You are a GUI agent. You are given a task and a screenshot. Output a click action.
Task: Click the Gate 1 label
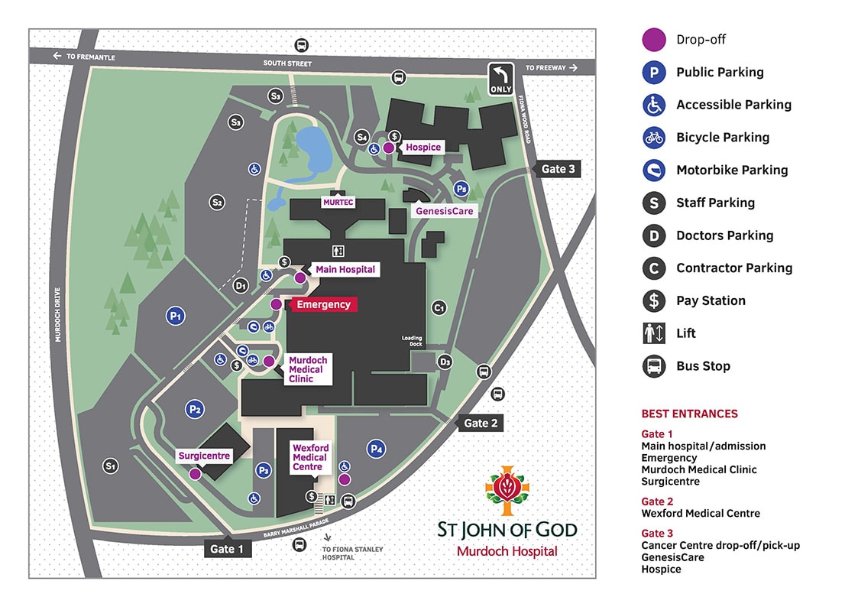click(x=222, y=548)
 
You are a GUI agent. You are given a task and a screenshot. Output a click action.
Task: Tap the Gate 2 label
click(x=481, y=423)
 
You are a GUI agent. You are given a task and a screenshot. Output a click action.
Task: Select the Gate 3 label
click(x=558, y=169)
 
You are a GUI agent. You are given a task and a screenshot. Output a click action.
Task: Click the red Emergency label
click(x=323, y=304)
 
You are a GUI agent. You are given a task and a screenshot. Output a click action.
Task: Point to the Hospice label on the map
click(x=423, y=147)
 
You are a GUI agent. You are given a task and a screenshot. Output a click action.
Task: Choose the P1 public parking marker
click(x=176, y=315)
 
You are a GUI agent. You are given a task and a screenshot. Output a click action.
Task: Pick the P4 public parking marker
click(x=376, y=449)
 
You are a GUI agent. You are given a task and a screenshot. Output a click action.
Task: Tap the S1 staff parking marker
click(x=111, y=465)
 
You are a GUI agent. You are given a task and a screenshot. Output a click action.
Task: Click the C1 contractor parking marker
click(x=439, y=307)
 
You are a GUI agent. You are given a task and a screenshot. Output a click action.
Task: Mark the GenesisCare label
click(x=444, y=210)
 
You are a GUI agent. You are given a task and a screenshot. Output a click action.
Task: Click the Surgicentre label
click(x=204, y=456)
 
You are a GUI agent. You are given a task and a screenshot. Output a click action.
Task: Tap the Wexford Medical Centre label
click(x=310, y=457)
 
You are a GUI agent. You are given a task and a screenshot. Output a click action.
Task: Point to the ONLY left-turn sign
click(x=500, y=80)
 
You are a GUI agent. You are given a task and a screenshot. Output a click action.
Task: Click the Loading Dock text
click(x=412, y=341)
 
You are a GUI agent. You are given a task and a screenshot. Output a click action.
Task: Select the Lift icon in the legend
click(x=654, y=333)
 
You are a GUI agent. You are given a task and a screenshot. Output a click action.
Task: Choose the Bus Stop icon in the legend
click(x=654, y=366)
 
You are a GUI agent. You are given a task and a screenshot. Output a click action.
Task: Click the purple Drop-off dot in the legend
click(x=654, y=40)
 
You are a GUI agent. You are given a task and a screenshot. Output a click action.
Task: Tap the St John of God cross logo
click(x=507, y=490)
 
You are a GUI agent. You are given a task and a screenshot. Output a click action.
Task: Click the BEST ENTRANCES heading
click(x=689, y=414)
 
